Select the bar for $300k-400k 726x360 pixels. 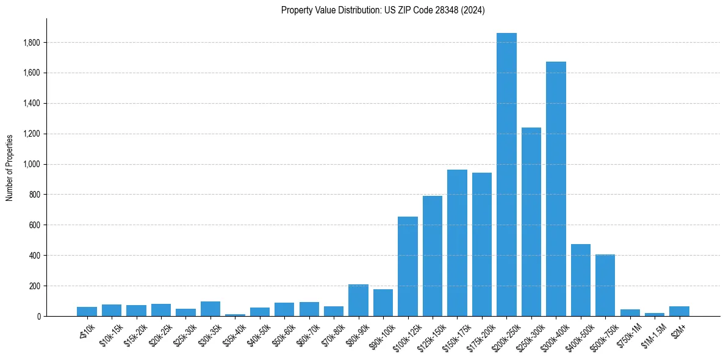[x=556, y=189]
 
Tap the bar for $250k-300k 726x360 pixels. [x=531, y=222]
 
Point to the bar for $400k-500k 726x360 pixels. [x=581, y=280]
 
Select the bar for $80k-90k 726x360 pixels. [x=358, y=300]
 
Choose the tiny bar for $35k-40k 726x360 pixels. [x=235, y=315]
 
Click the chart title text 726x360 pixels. [x=383, y=10]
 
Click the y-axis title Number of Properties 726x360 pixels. [x=10, y=167]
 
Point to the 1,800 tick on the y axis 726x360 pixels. [x=32, y=43]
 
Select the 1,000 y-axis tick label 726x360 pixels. [x=32, y=164]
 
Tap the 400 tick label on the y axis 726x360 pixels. [x=35, y=255]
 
